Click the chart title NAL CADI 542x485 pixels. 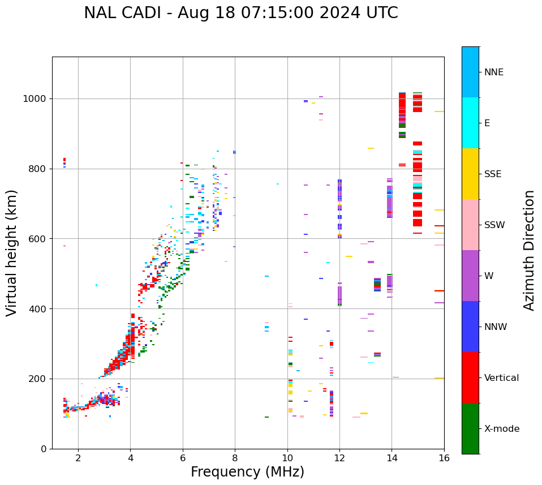tap(128, 13)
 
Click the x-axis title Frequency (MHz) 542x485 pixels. tap(247, 472)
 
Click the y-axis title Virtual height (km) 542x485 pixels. tap(12, 253)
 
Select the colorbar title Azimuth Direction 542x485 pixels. tap(529, 250)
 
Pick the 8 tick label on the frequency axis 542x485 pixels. tap(235, 458)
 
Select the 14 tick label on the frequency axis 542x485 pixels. tap(392, 458)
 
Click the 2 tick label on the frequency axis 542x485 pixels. tap(78, 458)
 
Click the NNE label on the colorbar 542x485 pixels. tap(494, 72)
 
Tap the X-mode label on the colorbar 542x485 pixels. tap(502, 429)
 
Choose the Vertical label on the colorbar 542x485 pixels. tap(501, 378)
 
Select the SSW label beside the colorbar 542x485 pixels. tap(494, 225)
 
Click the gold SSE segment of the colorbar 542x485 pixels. tap(470, 174)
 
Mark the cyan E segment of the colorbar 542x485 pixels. tap(470, 123)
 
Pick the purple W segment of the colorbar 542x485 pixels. tap(470, 276)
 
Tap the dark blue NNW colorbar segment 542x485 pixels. tap(470, 327)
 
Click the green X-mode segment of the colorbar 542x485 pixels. tap(470, 428)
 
